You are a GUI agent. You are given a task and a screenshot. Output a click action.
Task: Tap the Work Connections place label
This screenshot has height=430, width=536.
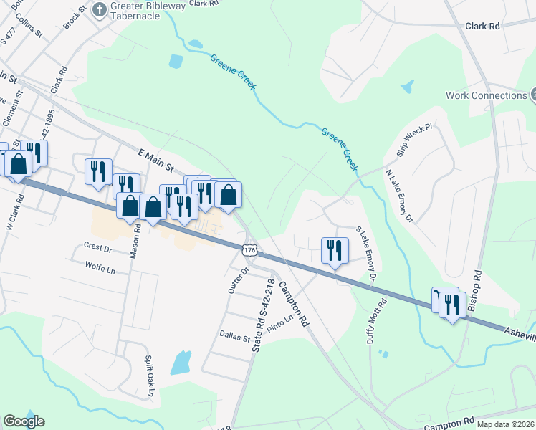click(x=486, y=95)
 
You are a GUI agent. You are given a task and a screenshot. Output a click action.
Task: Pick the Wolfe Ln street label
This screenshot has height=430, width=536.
click(x=100, y=269)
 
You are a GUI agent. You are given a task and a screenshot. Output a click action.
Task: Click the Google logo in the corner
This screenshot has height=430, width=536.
click(x=24, y=421)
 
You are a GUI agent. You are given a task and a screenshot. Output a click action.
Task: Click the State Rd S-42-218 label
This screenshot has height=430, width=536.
click(x=262, y=315)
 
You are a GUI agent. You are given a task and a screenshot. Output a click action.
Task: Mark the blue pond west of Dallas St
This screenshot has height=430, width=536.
click(x=181, y=363)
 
